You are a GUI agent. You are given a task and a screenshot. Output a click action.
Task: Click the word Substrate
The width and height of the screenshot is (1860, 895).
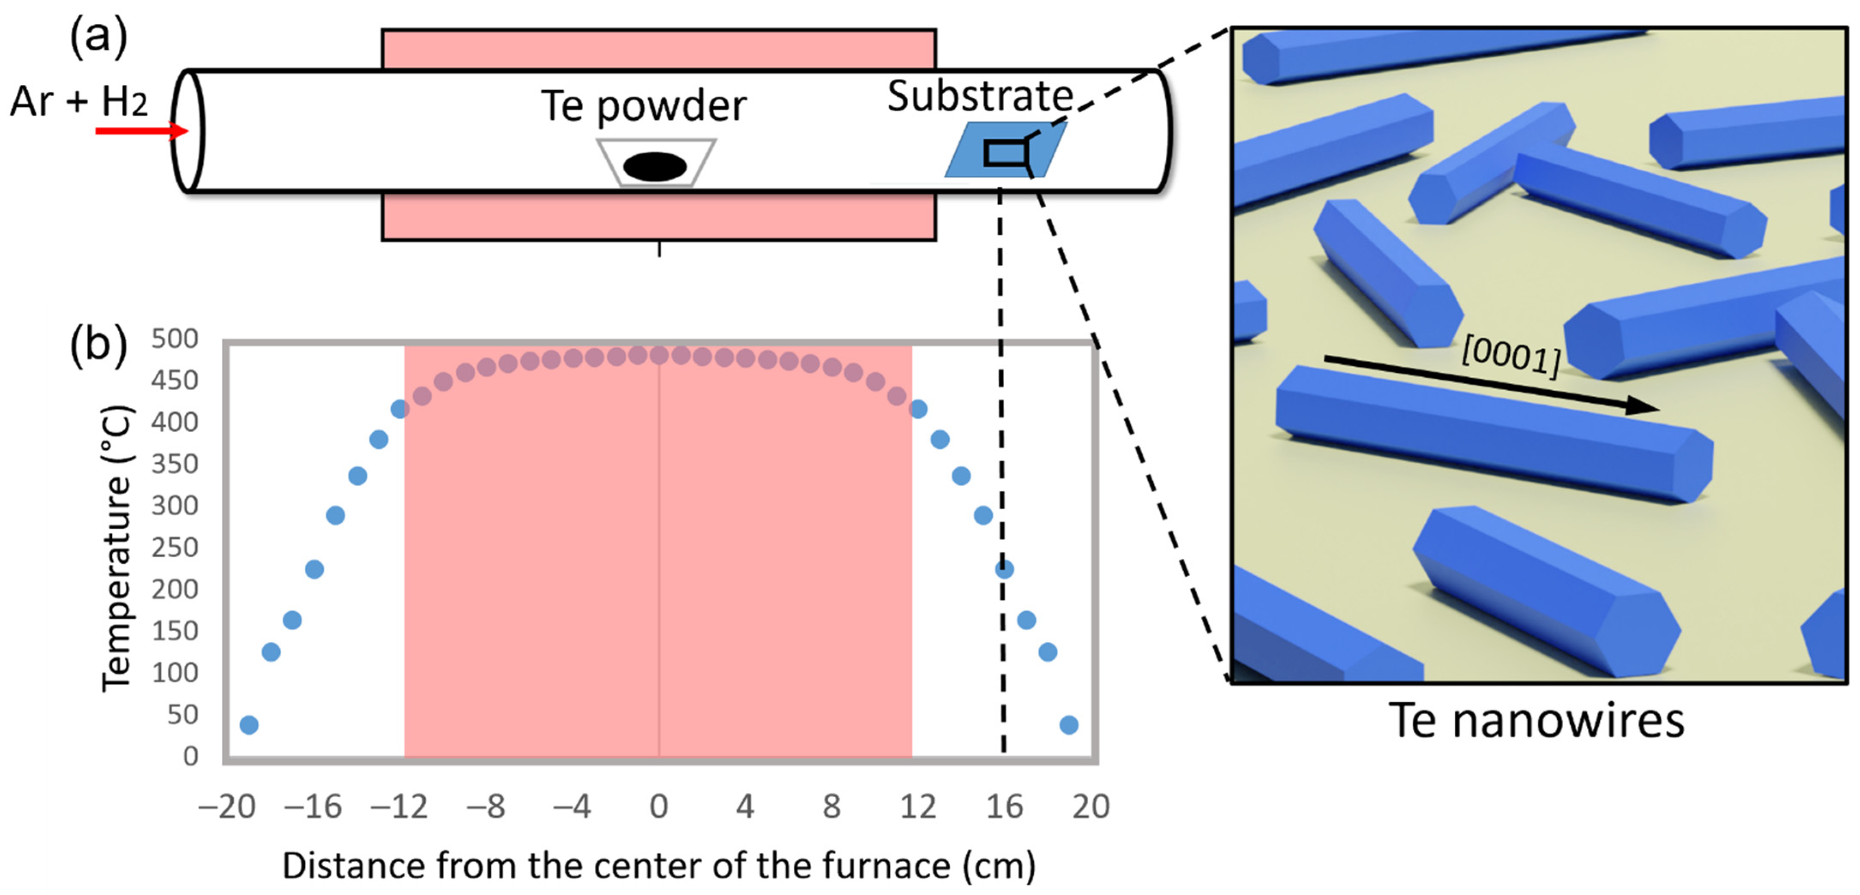click(x=980, y=96)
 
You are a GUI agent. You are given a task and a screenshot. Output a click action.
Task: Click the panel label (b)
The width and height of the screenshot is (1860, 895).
click(x=98, y=344)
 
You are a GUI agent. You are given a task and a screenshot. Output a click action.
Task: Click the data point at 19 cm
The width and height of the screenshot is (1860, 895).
click(x=1068, y=724)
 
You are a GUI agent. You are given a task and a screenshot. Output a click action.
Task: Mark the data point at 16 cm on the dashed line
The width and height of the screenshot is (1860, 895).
click(x=1004, y=569)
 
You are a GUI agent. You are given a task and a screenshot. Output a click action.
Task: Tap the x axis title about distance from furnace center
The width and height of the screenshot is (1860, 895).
click(x=659, y=865)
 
